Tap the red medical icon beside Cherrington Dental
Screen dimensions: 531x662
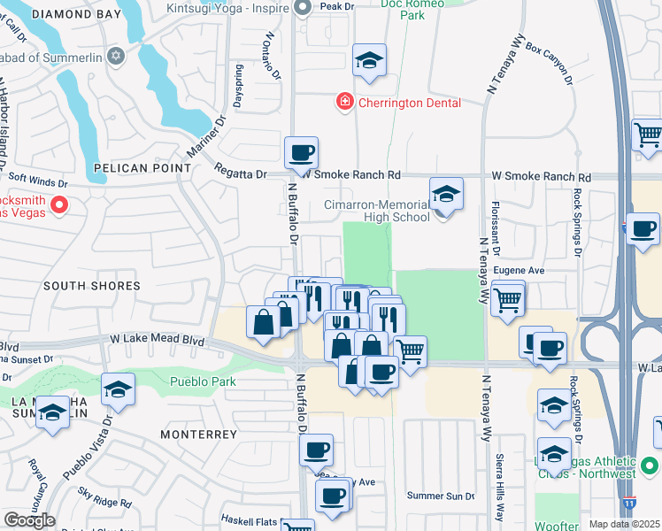tap(343, 103)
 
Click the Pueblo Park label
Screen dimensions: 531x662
tap(201, 381)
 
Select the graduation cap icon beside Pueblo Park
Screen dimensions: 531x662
tap(119, 389)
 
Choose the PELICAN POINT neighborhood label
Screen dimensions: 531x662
tap(142, 167)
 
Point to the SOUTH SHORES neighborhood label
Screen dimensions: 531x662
tap(92, 286)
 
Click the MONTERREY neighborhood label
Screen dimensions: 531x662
tap(199, 435)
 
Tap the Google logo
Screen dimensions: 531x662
tap(29, 519)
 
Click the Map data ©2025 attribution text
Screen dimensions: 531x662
tap(624, 524)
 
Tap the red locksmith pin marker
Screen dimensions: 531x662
tap(59, 205)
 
